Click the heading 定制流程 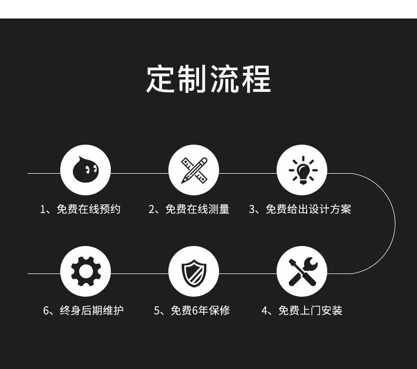pos(208,79)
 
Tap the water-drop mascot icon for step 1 pos(85,170)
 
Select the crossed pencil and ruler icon pos(193,170)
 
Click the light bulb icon pos(301,170)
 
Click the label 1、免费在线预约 pos(80,210)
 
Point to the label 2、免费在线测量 pos(189,210)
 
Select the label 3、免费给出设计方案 pos(300,210)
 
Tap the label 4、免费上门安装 pos(302,310)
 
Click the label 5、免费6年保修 pos(192,310)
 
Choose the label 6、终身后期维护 pos(83,310)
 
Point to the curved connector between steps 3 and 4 pos(395,223)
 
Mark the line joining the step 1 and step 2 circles pos(139,173)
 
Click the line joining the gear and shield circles pos(139,273)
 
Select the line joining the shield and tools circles pos(248,273)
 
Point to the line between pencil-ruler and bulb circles pos(248,173)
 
